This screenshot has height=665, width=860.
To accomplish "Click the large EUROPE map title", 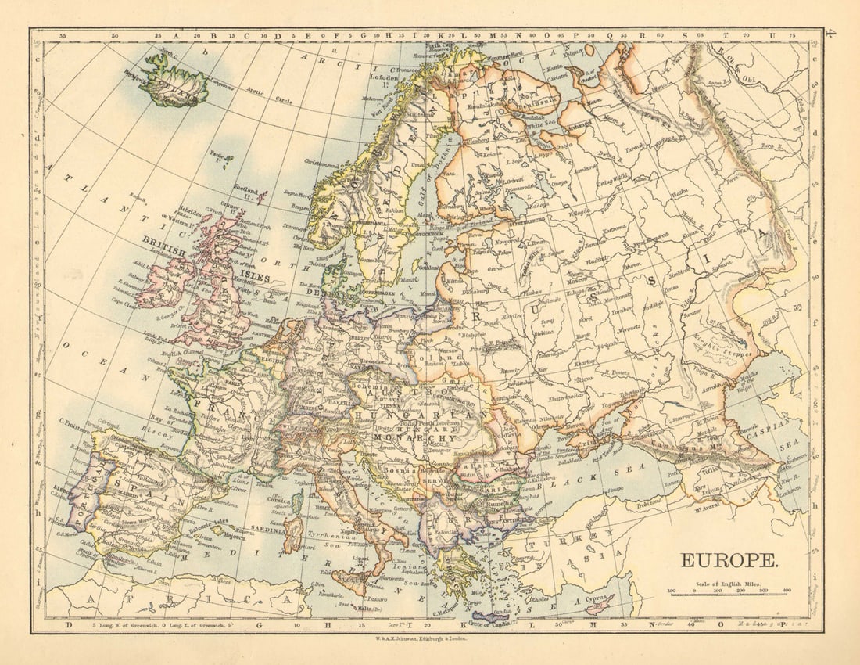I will point(729,560).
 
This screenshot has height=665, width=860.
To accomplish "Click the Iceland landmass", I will point(174,81).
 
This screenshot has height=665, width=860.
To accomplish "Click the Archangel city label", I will point(579,124).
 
